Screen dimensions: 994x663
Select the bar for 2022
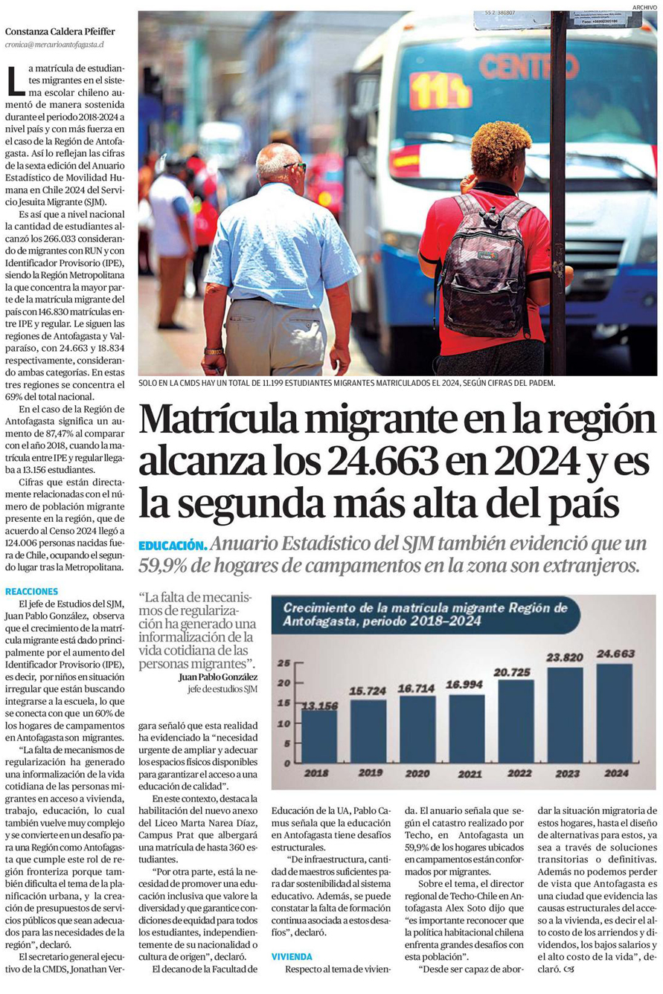click(x=515, y=721)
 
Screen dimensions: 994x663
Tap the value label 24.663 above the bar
click(x=616, y=653)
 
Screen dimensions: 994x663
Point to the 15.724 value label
click(x=368, y=691)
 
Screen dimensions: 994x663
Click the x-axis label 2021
click(x=470, y=773)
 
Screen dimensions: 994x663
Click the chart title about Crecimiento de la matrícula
click(x=424, y=614)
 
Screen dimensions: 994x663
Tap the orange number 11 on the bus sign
click(x=439, y=90)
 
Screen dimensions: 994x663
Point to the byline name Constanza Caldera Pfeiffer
click(x=60, y=31)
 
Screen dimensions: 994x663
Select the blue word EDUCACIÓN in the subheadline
click(x=171, y=546)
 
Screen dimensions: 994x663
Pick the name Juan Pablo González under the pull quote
click(x=218, y=677)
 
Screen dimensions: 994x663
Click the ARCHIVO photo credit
click(x=644, y=7)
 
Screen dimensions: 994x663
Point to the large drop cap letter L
click(x=15, y=80)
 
